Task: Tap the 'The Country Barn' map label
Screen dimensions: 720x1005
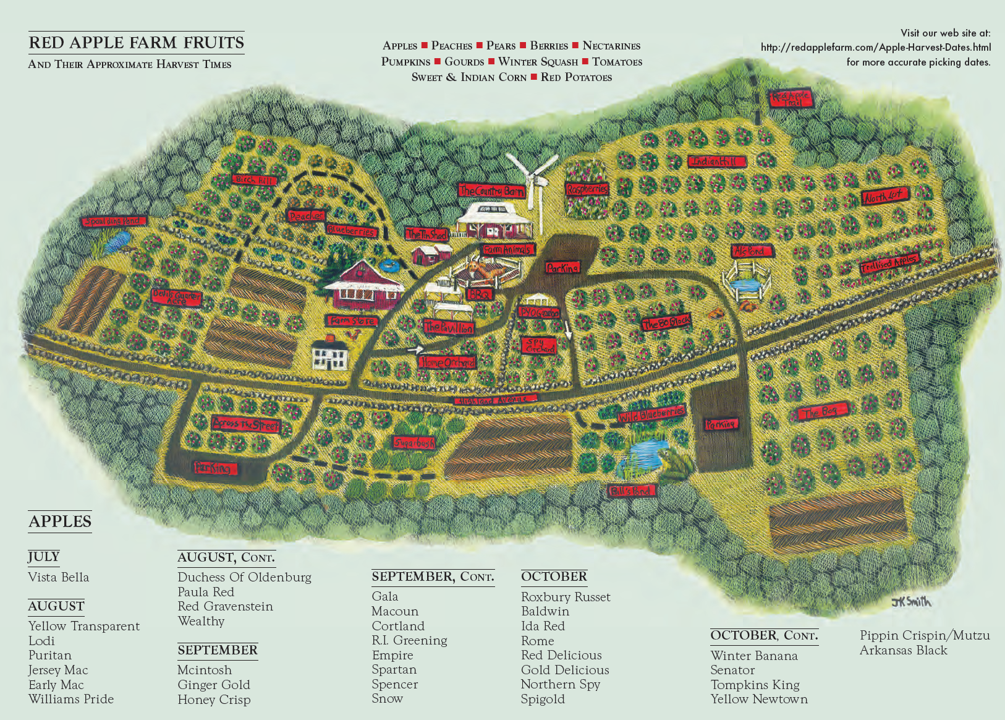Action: [x=491, y=191]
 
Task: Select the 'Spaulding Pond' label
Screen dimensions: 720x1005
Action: [x=115, y=221]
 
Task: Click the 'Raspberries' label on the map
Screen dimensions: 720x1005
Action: [x=587, y=189]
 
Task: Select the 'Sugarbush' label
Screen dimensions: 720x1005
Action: [x=415, y=443]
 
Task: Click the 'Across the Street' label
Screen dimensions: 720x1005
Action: [x=245, y=424]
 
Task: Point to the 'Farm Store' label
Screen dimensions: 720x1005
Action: [x=351, y=321]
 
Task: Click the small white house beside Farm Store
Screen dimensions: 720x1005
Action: [x=330, y=355]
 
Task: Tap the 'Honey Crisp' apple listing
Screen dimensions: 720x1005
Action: [x=214, y=700]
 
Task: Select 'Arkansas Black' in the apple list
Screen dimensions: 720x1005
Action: [x=903, y=650]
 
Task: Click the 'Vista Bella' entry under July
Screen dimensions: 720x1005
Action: [x=59, y=577]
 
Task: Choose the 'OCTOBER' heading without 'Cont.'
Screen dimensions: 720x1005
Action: [x=554, y=576]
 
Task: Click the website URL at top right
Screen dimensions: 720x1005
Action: [x=875, y=47]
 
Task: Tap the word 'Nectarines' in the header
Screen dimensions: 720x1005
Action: [x=611, y=46]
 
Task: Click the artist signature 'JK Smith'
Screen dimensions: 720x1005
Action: [x=910, y=601]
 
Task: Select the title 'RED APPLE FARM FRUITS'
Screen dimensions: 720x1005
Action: [x=137, y=43]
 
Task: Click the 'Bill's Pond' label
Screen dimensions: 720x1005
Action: [x=631, y=491]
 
